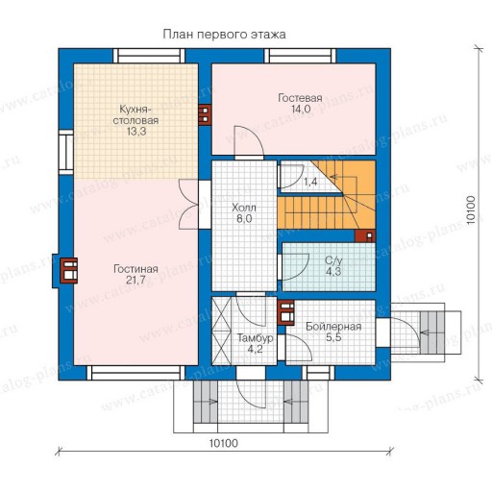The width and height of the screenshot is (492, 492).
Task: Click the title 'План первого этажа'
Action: (224, 35)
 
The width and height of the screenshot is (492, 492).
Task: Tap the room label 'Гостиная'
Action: (135, 269)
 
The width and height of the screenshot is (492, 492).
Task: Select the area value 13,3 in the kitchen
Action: (135, 132)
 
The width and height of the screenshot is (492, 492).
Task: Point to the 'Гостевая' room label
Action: (300, 98)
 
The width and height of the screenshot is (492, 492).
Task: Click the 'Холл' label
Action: (244, 208)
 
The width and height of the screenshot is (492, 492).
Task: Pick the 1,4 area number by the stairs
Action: (310, 182)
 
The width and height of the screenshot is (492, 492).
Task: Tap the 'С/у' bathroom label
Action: (333, 260)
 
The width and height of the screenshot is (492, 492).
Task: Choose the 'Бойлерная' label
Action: (333, 327)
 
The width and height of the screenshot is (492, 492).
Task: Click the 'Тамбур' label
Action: (255, 338)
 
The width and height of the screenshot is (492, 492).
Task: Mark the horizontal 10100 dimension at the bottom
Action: (224, 443)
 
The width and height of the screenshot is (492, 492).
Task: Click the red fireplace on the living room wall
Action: (69, 271)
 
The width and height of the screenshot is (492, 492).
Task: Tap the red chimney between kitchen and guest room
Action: (205, 114)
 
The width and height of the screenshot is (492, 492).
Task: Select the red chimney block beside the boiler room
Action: (286, 312)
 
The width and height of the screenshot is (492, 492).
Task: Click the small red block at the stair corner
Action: (365, 236)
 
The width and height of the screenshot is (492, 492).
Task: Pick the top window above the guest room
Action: (300, 56)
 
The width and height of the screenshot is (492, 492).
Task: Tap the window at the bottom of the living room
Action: (135, 373)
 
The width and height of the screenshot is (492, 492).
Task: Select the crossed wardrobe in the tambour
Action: (222, 331)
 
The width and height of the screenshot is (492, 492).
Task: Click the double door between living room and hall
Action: (189, 205)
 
